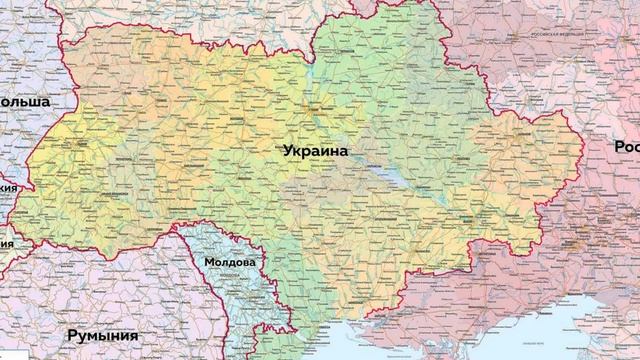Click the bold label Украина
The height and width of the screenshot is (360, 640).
(x=315, y=151)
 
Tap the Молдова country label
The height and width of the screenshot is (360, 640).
(x=229, y=263)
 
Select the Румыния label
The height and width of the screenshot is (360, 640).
(x=102, y=336)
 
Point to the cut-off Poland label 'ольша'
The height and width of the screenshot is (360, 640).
(x=30, y=102)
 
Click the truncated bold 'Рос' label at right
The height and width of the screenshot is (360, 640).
(x=626, y=147)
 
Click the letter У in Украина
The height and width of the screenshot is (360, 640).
(x=287, y=151)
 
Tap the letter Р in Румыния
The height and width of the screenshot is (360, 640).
(x=72, y=336)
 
